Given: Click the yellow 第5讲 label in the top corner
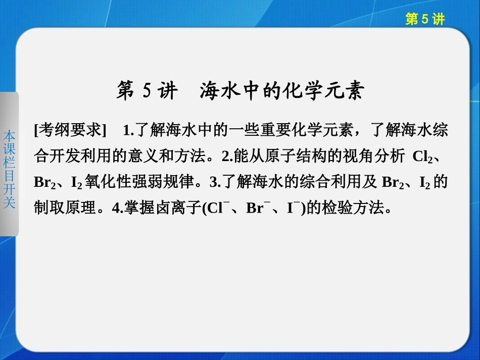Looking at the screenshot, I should pyautogui.click(x=425, y=19).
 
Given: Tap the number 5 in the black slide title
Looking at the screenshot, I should pyautogui.click(x=147, y=91).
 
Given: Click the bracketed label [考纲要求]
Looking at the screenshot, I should pyautogui.click(x=70, y=131).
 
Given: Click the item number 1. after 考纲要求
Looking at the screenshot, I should pyautogui.click(x=128, y=131).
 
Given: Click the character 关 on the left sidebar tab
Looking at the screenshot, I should pyautogui.click(x=9, y=203).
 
